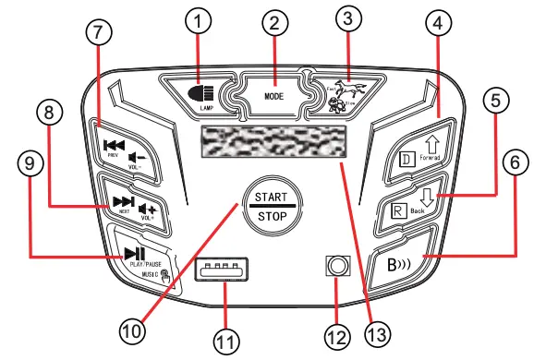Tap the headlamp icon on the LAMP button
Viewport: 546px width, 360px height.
tap(203, 92)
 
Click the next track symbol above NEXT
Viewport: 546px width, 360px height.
tap(122, 201)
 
